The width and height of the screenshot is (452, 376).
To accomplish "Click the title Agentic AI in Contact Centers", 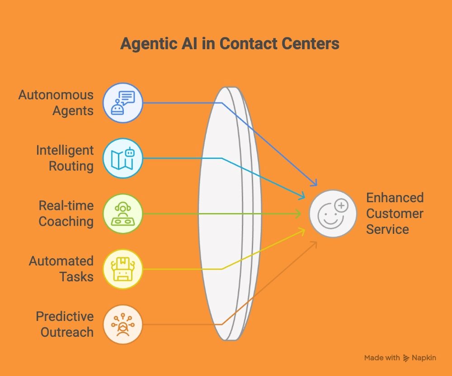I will [x=230, y=44].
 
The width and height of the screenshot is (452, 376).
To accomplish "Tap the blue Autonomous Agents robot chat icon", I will [x=122, y=103].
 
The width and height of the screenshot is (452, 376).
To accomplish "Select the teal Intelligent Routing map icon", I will [x=122, y=158].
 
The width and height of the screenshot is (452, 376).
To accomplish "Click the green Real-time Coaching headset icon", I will [x=122, y=214].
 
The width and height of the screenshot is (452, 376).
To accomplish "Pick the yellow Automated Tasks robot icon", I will [x=122, y=269].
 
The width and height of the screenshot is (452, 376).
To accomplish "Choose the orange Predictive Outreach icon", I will [x=122, y=324].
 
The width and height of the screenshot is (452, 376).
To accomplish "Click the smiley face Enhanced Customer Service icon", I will [x=333, y=214].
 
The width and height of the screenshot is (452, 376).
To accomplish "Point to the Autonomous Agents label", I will [x=56, y=103].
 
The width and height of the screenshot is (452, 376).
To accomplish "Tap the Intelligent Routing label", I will [x=65, y=158].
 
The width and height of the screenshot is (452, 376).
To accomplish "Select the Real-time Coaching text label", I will [x=66, y=214].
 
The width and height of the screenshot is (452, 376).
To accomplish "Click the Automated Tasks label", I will [x=61, y=269].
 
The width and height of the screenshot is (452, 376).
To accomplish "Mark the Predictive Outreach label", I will [x=65, y=324].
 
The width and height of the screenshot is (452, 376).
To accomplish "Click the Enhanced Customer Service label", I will [x=395, y=214].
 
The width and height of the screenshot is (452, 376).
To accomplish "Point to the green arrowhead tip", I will [x=300, y=214].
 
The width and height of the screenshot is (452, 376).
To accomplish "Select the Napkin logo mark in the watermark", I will [x=406, y=358].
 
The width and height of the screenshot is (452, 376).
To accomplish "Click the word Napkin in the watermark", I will [x=424, y=358].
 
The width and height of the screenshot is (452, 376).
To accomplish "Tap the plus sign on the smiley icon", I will [x=342, y=206].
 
